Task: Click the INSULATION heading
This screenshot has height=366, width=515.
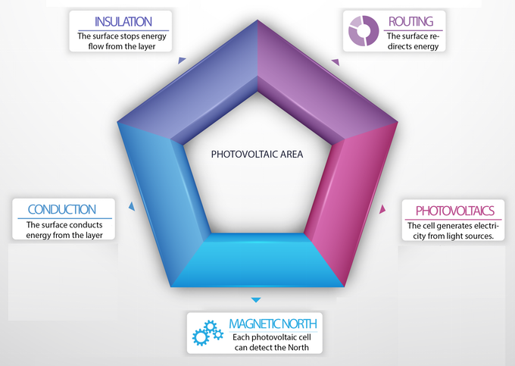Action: tap(123, 22)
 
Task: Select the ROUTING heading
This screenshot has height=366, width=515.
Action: tap(411, 21)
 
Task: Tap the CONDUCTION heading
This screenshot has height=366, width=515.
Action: tap(62, 210)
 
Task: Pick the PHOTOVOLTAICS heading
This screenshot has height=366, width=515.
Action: tap(455, 211)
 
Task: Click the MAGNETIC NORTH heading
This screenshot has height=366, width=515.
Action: tap(273, 324)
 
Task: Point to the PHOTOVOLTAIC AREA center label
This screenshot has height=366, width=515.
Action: tap(257, 155)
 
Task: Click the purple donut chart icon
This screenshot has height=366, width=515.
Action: tap(364, 31)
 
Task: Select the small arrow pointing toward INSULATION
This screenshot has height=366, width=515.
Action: tap(182, 61)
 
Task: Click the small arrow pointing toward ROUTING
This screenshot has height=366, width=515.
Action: tap(336, 62)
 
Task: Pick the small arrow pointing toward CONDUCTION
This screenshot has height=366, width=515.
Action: tap(132, 206)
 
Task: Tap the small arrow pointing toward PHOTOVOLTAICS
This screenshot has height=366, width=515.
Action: tap(382, 209)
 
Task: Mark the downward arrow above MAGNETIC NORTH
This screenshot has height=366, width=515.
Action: tap(256, 300)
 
